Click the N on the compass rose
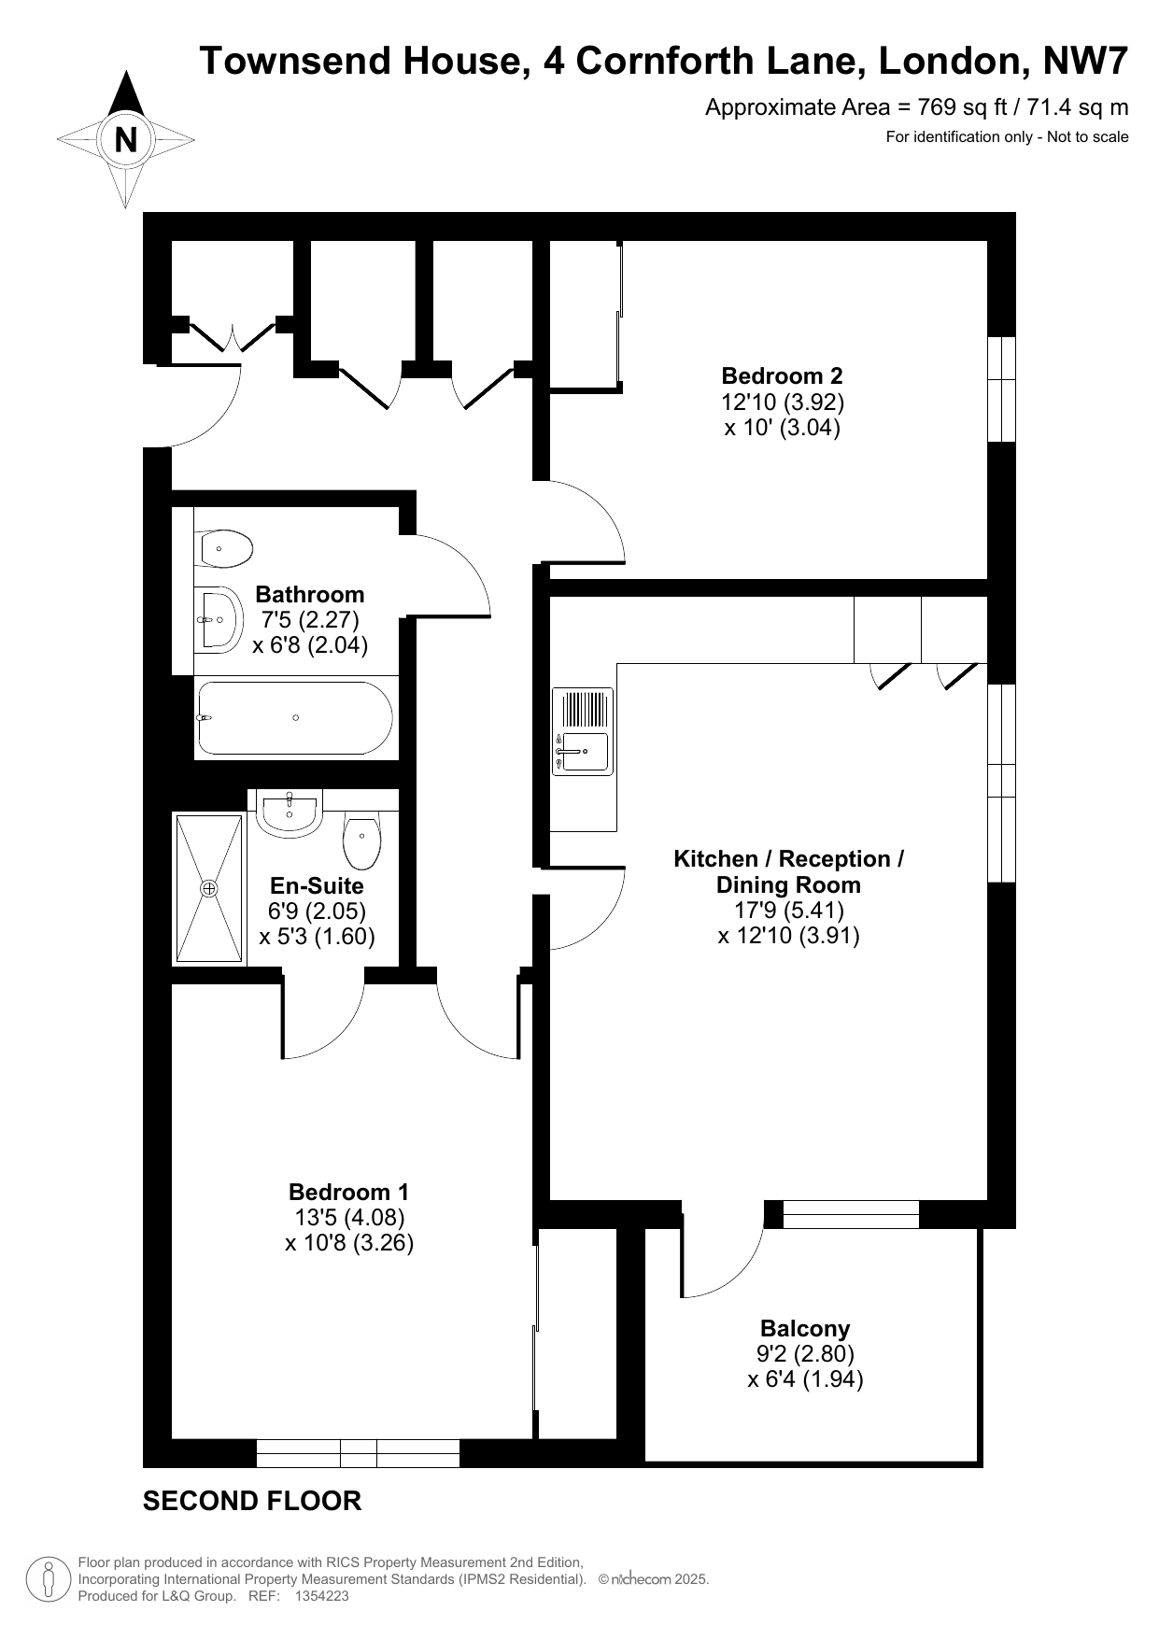pos(125,140)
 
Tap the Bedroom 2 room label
pos(782,376)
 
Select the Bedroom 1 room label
pos(348,1193)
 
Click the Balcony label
pos(805,1328)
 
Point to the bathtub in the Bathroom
pos(294,717)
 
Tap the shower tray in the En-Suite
pos(209,888)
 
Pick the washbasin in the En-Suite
pos(290,812)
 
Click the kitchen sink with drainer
pos(583,731)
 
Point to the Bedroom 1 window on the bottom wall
pos(358,1453)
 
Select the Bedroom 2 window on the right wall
pos(1001,389)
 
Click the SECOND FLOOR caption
pos(252,1502)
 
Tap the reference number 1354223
pos(321,1597)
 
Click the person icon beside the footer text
pos(49,1579)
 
